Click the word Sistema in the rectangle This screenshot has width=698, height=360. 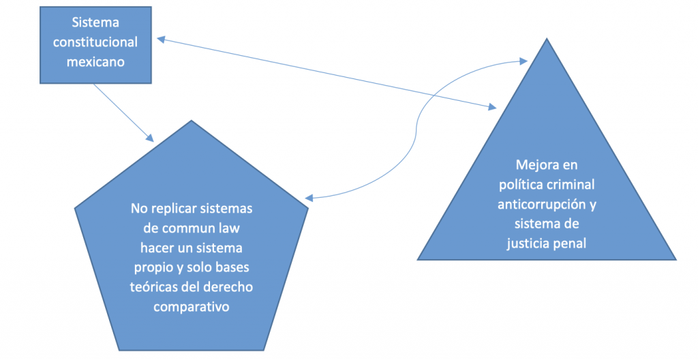(x=95, y=23)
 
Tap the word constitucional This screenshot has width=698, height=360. (x=95, y=42)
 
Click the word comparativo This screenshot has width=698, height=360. (x=191, y=307)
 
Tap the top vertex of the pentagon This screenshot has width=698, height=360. (x=192, y=121)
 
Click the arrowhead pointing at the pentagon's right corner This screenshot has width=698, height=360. (x=308, y=199)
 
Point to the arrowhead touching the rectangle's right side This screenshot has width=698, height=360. (x=159, y=39)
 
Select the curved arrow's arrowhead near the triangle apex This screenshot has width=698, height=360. (x=525, y=61)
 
